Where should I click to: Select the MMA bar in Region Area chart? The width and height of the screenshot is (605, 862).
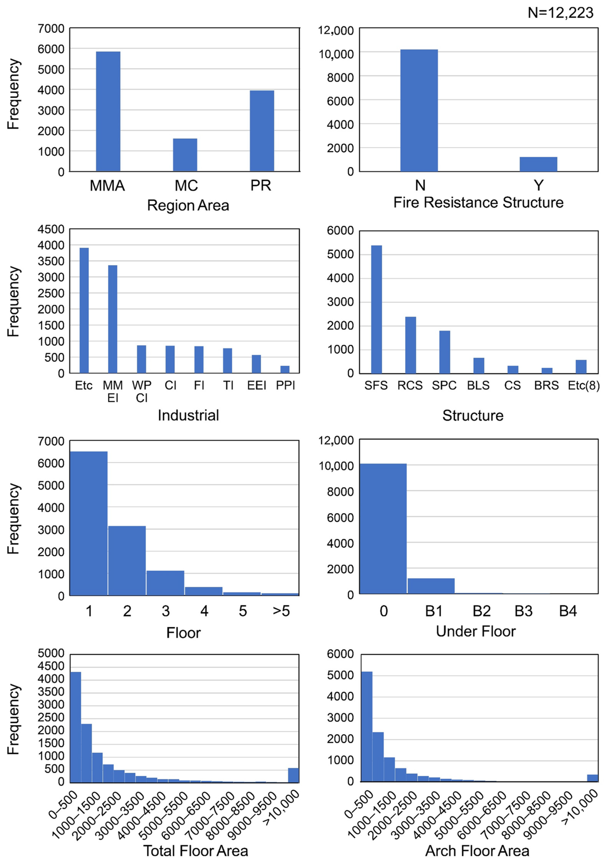tap(108, 111)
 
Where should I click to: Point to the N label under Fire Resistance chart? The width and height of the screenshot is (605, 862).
tap(420, 185)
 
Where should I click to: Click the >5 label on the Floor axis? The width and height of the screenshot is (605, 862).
tap(281, 611)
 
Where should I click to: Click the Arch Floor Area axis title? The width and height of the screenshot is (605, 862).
tap(477, 851)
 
